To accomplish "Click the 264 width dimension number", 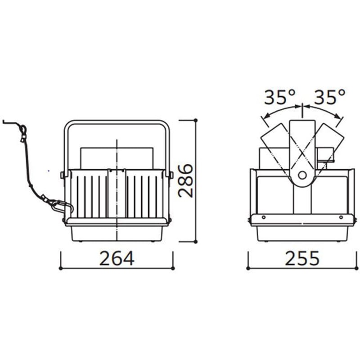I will (x=117, y=258).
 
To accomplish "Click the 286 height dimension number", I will (x=185, y=180).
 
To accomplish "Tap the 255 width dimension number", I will (x=302, y=258).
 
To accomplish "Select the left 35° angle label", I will (x=279, y=97).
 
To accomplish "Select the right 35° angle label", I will (x=329, y=97).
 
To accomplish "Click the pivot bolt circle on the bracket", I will (x=302, y=175).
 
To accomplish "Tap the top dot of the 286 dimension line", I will (x=196, y=120).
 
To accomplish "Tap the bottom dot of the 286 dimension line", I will (x=196, y=241).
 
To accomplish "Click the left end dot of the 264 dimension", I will (x=60, y=268).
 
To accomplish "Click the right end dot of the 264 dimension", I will (x=173, y=268).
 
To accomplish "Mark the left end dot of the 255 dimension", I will (x=248, y=268).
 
